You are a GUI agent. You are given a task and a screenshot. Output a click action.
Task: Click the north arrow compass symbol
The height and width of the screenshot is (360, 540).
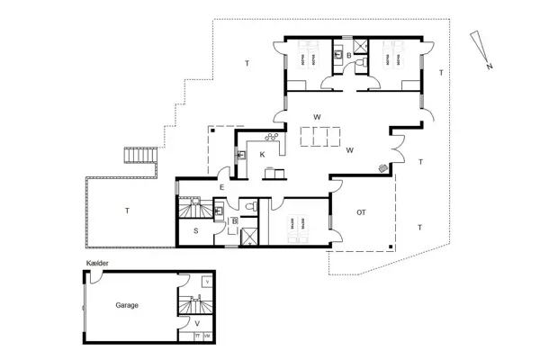pos(481,49)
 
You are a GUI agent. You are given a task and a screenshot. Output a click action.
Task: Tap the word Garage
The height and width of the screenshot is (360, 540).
pos(127,306)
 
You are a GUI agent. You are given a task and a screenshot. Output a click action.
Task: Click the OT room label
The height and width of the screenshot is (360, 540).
pos(361,212)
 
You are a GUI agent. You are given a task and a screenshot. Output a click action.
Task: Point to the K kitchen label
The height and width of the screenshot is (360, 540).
pos(263,155)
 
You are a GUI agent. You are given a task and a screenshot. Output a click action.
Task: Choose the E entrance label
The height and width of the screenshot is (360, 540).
pos(221,187)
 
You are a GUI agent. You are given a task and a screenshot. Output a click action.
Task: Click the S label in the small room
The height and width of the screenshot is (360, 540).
pos(195,231)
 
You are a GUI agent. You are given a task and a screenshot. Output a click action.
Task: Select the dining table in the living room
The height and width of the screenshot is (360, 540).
pos(321,137)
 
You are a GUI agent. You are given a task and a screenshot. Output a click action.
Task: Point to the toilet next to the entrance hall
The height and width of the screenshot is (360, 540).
pos(256,206)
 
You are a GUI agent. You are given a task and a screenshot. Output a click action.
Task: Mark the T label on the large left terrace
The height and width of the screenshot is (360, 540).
pos(127,211)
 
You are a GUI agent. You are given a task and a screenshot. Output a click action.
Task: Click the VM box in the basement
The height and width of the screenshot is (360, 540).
pos(208,335)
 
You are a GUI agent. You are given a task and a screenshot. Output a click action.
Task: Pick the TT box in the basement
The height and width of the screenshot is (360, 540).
pos(196,335)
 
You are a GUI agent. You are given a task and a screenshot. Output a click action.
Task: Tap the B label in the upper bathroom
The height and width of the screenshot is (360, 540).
pos(349,56)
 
